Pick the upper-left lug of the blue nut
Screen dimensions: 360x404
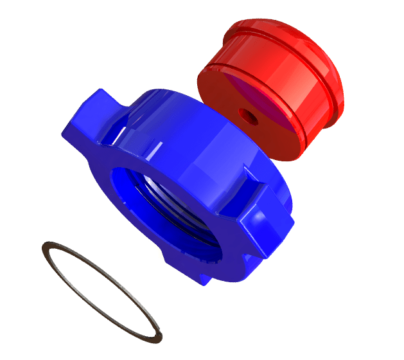[x=87, y=116]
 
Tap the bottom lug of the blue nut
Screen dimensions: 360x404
[x=193, y=270]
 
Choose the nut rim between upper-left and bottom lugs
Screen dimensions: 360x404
[x=128, y=238]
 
